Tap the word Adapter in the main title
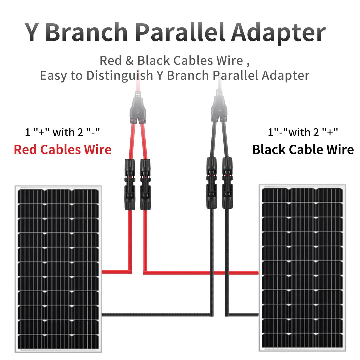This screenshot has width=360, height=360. [278, 34]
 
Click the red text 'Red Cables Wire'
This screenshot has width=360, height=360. [63, 150]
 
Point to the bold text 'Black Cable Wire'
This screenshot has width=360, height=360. [303, 150]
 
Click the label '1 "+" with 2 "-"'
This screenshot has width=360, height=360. [62, 132]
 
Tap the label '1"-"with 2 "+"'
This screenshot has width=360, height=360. [303, 132]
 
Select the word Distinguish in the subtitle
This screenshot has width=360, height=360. [120, 76]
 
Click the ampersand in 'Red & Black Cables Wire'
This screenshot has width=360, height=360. [129, 61]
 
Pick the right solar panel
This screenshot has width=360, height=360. [302, 268]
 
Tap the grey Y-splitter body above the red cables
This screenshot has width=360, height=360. [138, 108]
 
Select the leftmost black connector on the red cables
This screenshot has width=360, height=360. [130, 184]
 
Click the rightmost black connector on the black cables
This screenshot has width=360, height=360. [228, 183]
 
